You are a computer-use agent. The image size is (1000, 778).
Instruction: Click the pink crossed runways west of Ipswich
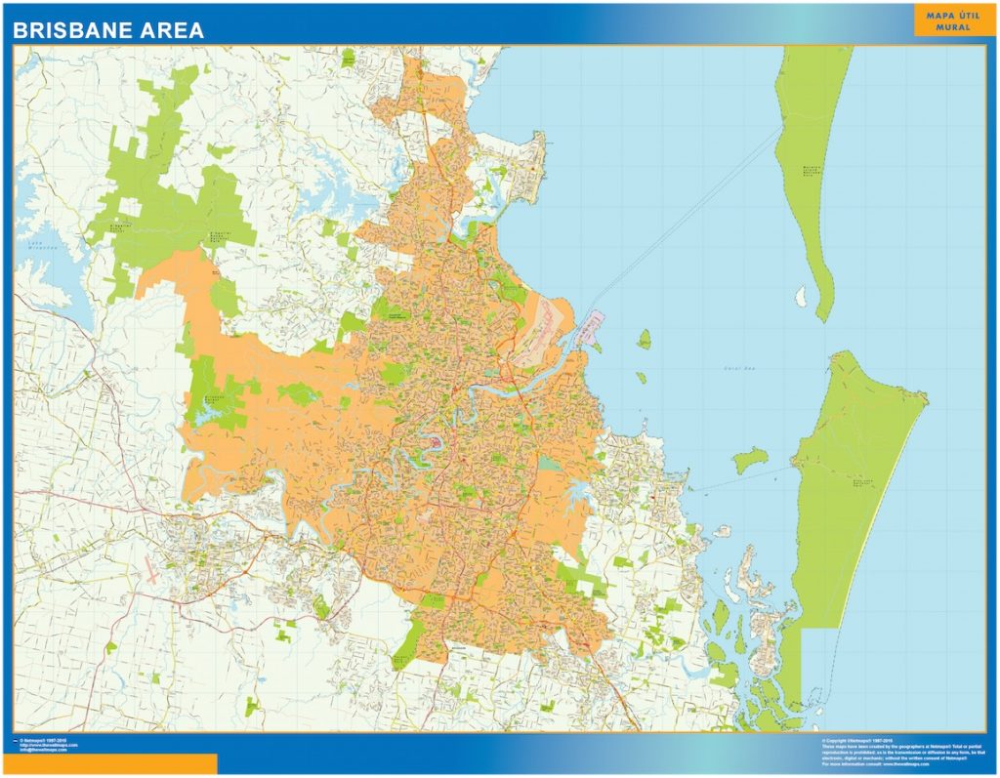click(x=152, y=573)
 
